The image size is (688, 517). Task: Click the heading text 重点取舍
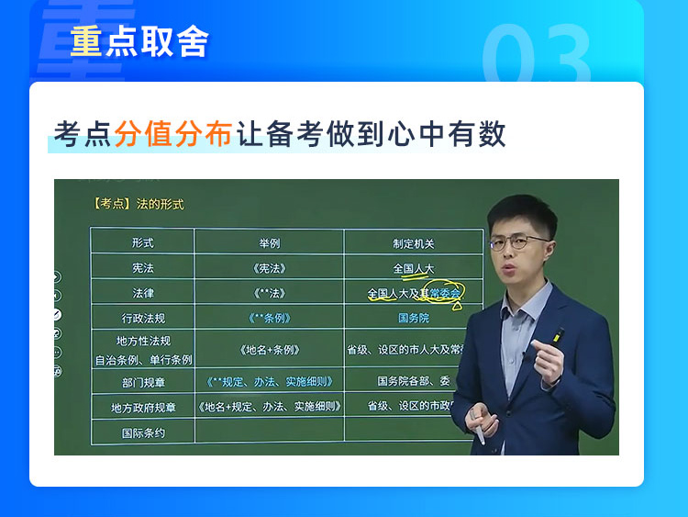139,41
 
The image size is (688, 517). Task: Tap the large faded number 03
537,53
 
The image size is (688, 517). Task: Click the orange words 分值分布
173,133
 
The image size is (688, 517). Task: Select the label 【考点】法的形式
139,204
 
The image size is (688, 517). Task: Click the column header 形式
142,243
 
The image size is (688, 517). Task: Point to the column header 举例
270,243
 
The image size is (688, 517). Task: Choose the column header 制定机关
414,243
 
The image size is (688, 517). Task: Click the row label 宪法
142,268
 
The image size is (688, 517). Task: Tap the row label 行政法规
143,318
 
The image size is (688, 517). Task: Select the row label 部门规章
143,383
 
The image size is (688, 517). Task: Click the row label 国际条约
143,433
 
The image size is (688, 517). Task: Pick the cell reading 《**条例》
270,318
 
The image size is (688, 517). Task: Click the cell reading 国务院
414,318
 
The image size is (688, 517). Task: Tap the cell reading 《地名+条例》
270,350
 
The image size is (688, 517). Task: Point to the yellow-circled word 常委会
445,293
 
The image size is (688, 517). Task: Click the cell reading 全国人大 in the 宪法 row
414,268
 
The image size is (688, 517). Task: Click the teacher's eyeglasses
517,242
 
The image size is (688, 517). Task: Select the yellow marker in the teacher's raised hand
557,335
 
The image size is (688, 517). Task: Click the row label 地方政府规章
143,408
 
